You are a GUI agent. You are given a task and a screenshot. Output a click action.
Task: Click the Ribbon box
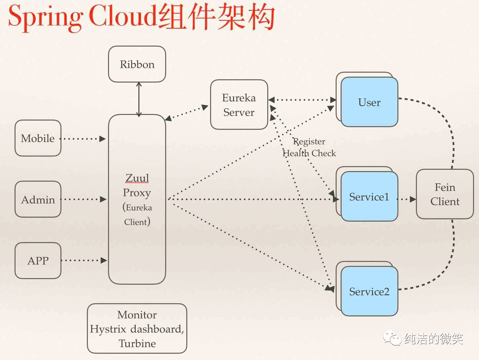pos(137,64)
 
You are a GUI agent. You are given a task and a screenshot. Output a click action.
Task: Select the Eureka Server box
pos(239,105)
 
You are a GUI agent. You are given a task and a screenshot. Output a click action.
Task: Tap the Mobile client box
pos(38,138)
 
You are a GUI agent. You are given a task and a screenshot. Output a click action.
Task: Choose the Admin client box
pos(38,199)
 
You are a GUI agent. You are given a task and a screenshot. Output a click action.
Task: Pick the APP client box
pos(38,261)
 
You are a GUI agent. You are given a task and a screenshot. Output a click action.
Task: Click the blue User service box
pos(369,102)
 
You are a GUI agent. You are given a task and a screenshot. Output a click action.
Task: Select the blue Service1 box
pos(369,197)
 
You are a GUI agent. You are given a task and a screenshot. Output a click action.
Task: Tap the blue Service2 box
pos(369,291)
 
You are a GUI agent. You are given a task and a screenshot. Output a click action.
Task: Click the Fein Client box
pos(445,194)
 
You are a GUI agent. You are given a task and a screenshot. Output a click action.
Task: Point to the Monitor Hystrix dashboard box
pos(137,329)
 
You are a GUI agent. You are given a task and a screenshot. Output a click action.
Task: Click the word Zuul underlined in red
pos(137,178)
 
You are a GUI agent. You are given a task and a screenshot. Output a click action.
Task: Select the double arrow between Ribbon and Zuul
pos(139,99)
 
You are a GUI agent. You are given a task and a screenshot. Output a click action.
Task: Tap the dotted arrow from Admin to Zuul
pos(84,199)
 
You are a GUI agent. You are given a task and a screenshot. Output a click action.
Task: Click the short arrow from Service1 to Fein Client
pos(407,199)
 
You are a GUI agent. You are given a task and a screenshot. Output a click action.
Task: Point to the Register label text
pos(310,141)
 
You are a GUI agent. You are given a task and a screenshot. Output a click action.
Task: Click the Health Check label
pos(309,153)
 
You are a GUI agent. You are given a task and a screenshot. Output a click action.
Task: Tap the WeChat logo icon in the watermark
pos(392,338)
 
